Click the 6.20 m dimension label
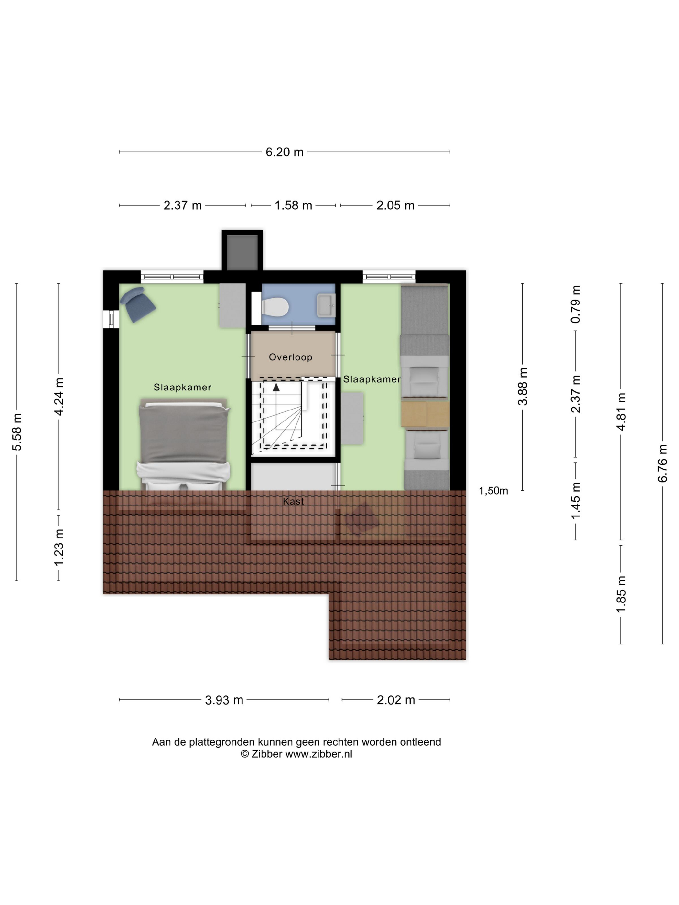pyautogui.click(x=285, y=152)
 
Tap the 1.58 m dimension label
pyautogui.click(x=293, y=205)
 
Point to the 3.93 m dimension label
pyautogui.click(x=224, y=700)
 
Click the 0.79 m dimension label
pyautogui.click(x=576, y=304)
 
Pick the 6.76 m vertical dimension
pyautogui.click(x=662, y=463)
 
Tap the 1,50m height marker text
pyautogui.click(x=493, y=491)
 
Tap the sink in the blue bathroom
pyautogui.click(x=326, y=305)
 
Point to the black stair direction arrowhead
pyautogui.click(x=276, y=387)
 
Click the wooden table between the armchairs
pyautogui.click(x=425, y=414)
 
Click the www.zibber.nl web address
pyautogui.click(x=318, y=754)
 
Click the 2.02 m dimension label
pyautogui.click(x=396, y=700)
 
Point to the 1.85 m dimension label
pyautogui.click(x=621, y=594)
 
